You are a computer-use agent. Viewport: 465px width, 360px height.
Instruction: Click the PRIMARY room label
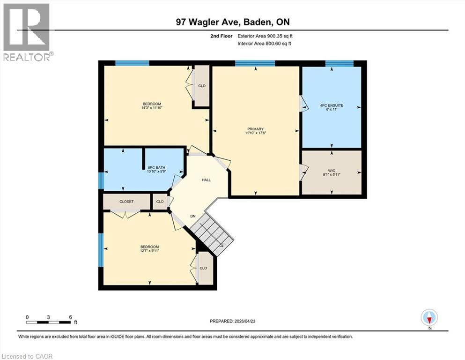click(x=256, y=129)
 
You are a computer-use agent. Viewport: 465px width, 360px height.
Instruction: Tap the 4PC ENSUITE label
click(x=332, y=105)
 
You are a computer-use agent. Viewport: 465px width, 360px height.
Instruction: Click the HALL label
click(x=206, y=180)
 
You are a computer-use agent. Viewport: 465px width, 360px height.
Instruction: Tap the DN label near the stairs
click(x=192, y=216)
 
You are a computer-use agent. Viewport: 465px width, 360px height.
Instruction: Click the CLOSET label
click(x=126, y=202)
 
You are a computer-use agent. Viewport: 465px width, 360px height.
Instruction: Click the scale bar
click(x=49, y=322)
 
